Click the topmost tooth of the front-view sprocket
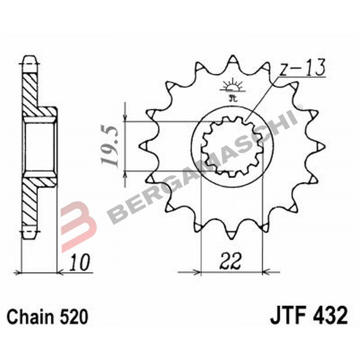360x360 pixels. (x=233, y=61)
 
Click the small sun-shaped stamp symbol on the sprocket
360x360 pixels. (x=233, y=85)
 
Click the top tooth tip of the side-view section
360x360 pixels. (x=30, y=59)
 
